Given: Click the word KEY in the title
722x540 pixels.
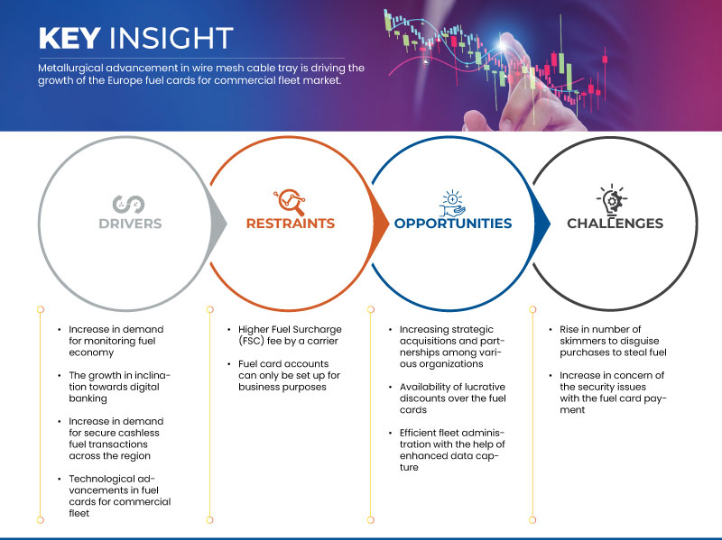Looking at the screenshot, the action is tap(69, 38).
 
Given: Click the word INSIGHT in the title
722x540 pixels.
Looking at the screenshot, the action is tap(171, 38).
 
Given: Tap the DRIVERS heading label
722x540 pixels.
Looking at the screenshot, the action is tap(130, 224).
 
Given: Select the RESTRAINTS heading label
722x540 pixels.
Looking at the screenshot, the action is tap(291, 224).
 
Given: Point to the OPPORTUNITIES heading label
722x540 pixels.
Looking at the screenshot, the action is tap(453, 224).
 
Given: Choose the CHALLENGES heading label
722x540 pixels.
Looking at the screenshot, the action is tap(616, 224).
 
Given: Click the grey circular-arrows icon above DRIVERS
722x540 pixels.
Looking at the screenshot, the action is tap(128, 205).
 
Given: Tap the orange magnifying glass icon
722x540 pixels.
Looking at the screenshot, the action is tap(290, 202).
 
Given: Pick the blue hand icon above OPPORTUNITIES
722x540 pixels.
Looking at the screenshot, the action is tap(452, 204).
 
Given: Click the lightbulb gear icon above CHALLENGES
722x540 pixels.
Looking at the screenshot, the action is tap(612, 200).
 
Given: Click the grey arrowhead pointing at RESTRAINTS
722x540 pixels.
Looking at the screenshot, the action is tap(218, 224).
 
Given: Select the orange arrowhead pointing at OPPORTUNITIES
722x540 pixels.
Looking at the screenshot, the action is tap(380, 224).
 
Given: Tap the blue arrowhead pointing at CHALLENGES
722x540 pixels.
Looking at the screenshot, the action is tap(542, 224).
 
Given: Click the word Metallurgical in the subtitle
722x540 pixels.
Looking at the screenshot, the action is tap(70, 69).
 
